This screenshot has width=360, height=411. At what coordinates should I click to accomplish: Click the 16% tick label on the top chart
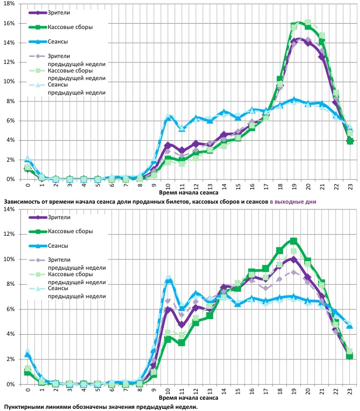click(x=10, y=23)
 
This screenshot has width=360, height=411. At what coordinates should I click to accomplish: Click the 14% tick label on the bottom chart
click(x=10, y=209)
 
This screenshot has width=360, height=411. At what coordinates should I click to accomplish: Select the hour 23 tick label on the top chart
click(x=350, y=186)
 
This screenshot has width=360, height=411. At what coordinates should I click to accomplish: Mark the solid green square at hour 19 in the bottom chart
click(x=293, y=241)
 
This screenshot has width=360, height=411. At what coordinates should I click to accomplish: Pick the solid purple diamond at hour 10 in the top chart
click(x=168, y=145)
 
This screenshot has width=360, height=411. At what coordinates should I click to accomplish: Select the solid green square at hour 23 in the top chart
click(x=350, y=141)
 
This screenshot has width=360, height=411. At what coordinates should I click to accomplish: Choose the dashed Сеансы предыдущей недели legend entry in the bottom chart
click(x=76, y=292)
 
